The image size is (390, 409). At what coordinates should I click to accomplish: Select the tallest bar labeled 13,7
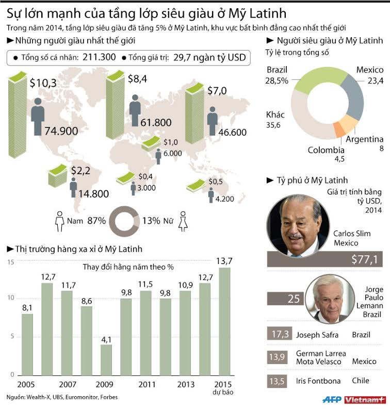pos(224,320)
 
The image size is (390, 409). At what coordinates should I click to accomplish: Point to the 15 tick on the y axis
pos(9,263)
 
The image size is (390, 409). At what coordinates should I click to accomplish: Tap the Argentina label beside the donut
pos(364,139)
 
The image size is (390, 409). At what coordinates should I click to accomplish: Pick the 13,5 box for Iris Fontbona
pos(278,381)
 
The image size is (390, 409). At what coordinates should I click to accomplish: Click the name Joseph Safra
pos(317,335)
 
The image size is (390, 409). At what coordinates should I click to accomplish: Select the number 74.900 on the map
pos(54,131)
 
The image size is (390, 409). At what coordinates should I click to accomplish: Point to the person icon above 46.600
pos(212,120)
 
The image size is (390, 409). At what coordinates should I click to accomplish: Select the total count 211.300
pos(98,58)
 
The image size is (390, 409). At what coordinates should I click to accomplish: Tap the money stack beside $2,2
pos(56,176)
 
